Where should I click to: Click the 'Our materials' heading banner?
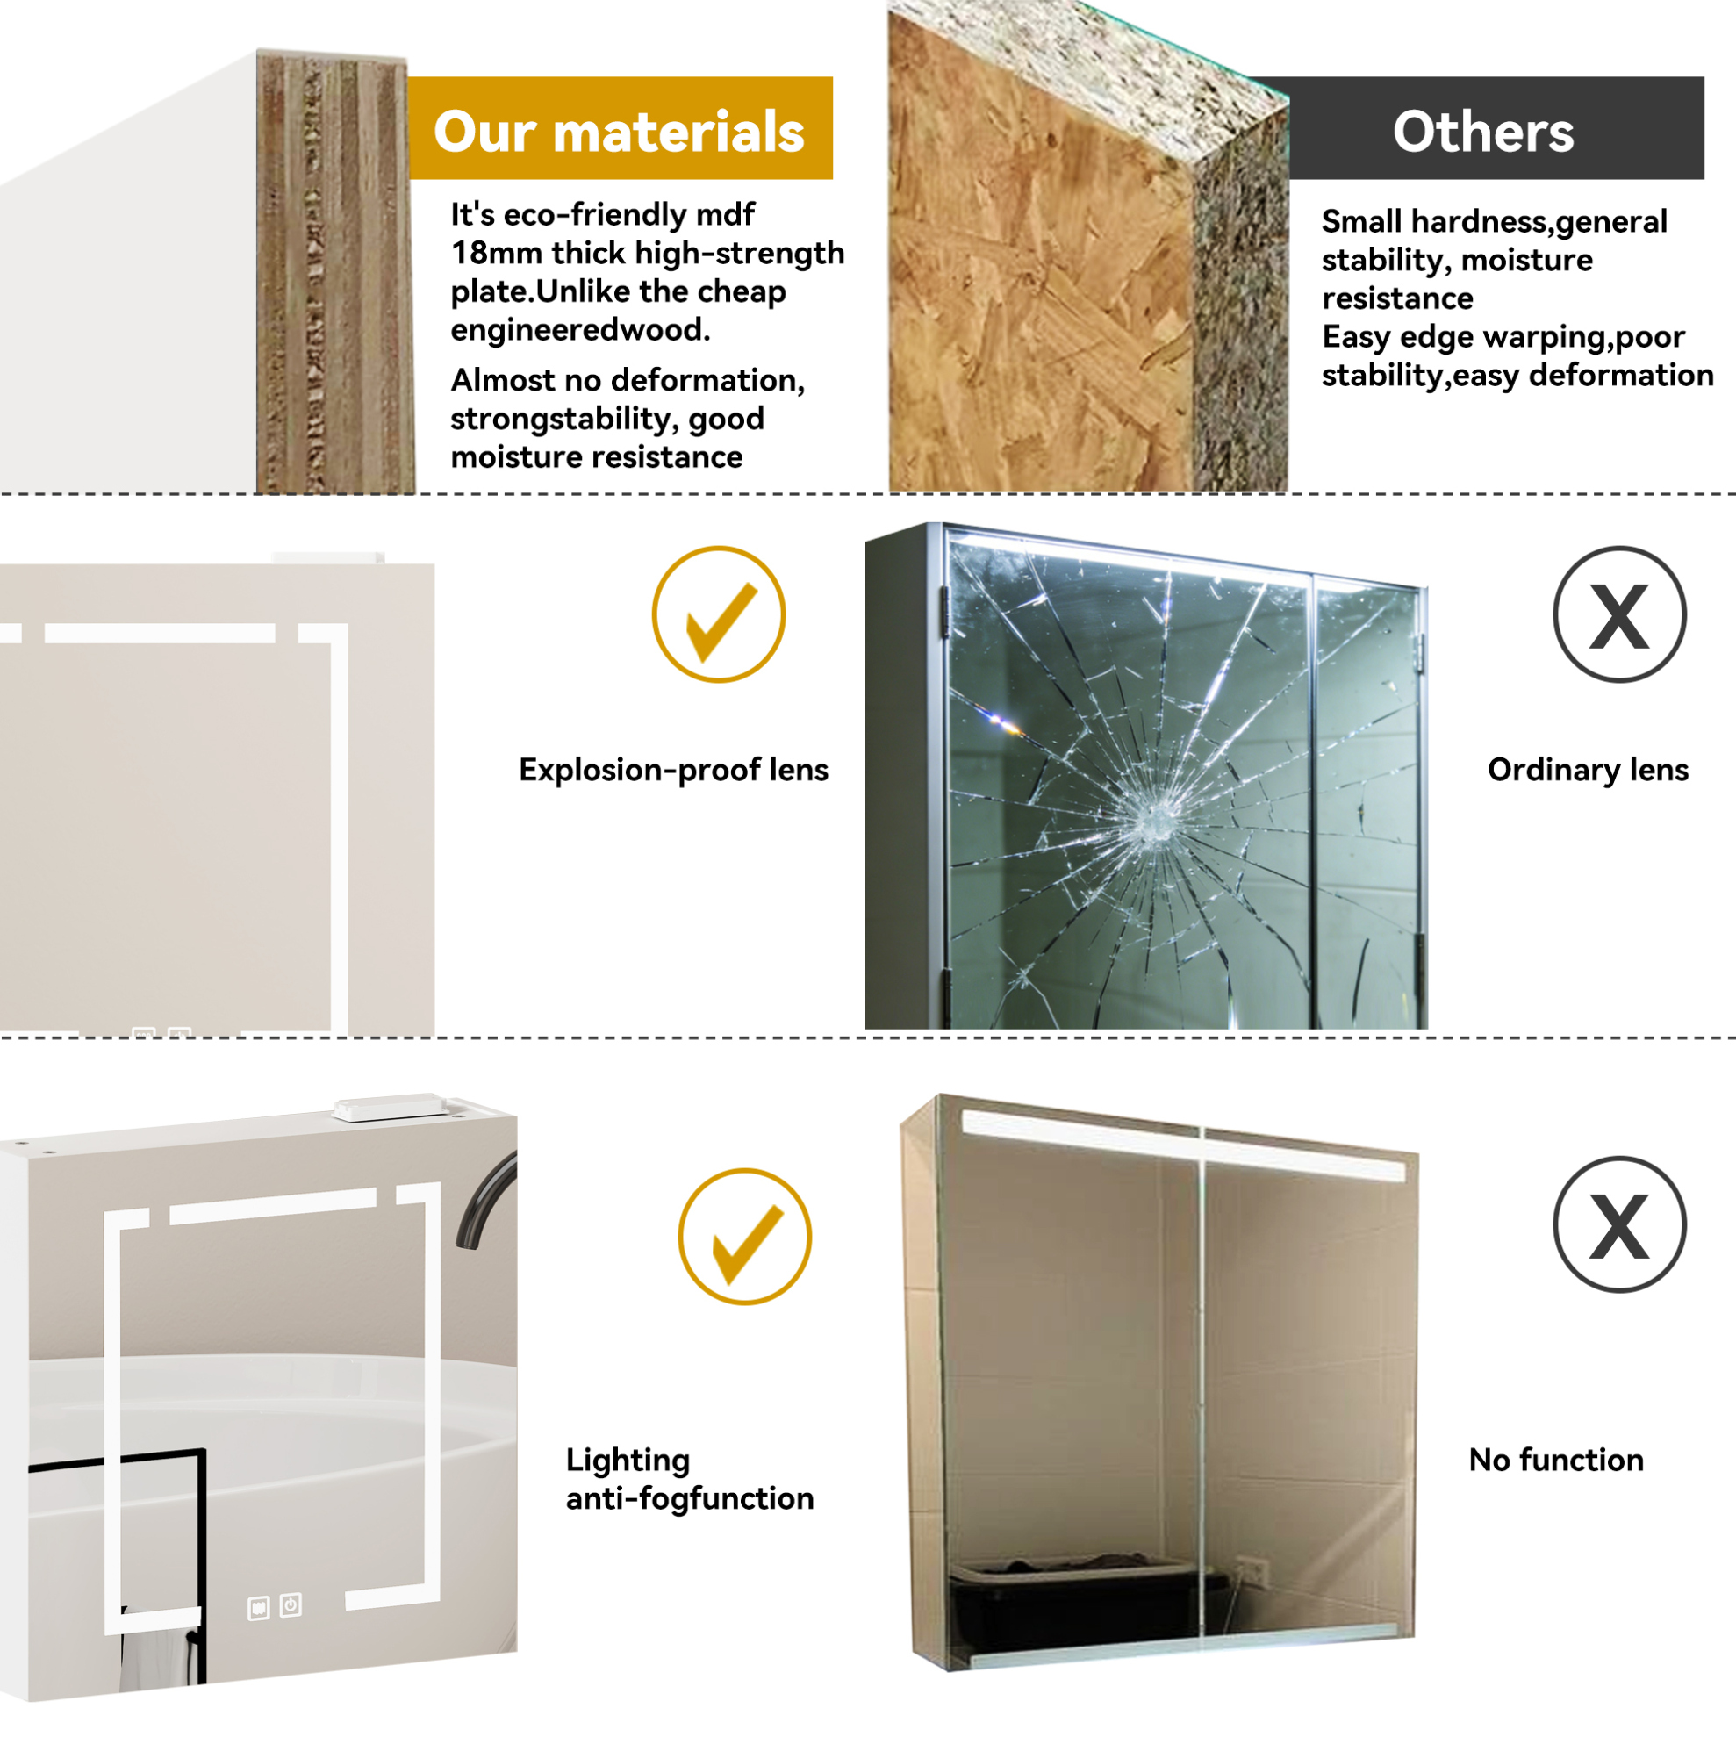pos(621,127)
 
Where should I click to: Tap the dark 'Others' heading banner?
pos(1482,127)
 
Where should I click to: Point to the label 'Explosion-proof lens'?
pos(673,770)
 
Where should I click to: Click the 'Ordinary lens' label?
pos(1588,770)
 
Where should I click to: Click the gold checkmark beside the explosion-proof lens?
pos(718,615)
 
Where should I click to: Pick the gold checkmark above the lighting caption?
pos(744,1237)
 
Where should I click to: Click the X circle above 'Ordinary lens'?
pos(1619,615)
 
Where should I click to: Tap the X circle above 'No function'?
pos(1619,1224)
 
